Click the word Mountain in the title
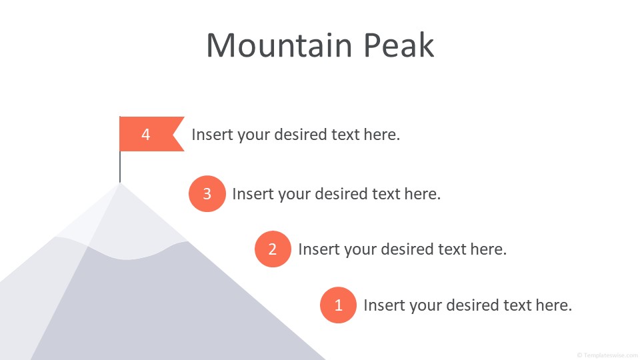(x=279, y=45)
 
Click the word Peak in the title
(x=399, y=45)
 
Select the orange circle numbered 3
(x=207, y=193)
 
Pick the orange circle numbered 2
(x=273, y=249)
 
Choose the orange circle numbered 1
(x=338, y=305)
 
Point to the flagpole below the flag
(x=120, y=167)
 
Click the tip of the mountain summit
(x=120, y=183)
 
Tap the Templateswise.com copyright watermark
(x=608, y=355)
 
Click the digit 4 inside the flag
(x=146, y=134)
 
